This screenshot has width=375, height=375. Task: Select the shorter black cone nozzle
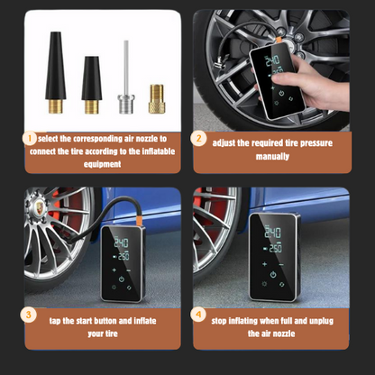click(92, 85)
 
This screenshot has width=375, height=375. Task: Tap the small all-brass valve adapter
click(157, 98)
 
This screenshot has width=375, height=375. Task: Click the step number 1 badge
click(30, 139)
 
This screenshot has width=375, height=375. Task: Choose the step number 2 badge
click(198, 139)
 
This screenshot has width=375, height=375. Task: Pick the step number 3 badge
click(28, 315)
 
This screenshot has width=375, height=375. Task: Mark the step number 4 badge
click(198, 315)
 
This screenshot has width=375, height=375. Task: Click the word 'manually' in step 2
click(272, 157)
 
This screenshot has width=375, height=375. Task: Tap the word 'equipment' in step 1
click(102, 164)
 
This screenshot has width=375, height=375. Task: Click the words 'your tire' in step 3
click(103, 334)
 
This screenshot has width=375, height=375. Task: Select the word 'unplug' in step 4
click(321, 321)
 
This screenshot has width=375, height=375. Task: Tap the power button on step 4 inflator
click(273, 274)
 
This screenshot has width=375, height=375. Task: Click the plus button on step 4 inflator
click(264, 264)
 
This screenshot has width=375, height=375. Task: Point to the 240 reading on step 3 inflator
click(121, 242)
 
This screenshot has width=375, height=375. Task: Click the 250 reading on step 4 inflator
click(275, 248)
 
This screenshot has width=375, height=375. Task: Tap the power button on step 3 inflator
click(121, 279)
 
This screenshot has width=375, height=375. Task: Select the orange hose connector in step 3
click(140, 218)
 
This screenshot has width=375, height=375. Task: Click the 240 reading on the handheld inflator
click(272, 61)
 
